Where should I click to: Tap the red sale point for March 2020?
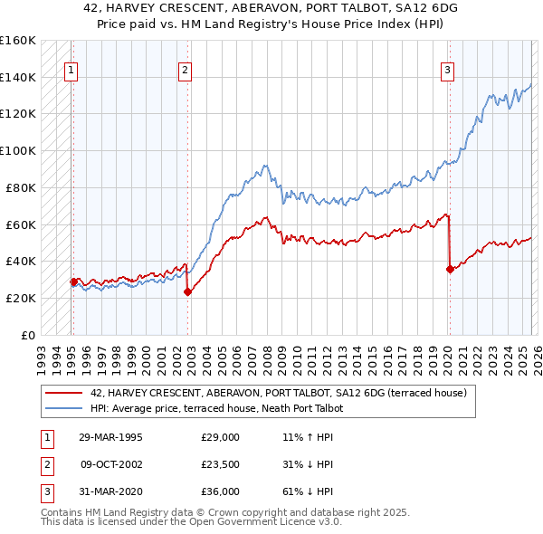(x=450, y=268)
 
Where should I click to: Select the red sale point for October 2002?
(x=187, y=291)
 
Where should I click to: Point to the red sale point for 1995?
(x=73, y=281)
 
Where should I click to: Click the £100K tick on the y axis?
(x=17, y=150)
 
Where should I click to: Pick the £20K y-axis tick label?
(x=21, y=298)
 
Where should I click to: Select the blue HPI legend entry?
(x=216, y=408)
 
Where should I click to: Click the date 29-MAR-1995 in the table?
(x=110, y=436)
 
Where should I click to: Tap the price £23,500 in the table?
(x=220, y=464)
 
